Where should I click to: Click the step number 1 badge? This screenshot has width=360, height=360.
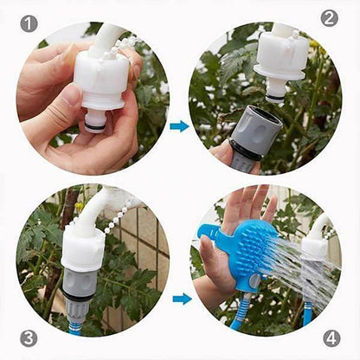click(29, 24)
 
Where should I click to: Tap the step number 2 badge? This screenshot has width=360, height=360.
click(329, 18)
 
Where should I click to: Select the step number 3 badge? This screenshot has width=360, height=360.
click(28, 338)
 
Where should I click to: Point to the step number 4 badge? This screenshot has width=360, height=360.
click(332, 338)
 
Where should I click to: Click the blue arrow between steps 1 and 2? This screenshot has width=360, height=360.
click(179, 126)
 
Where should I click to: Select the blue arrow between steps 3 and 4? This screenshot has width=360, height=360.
click(182, 299)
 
